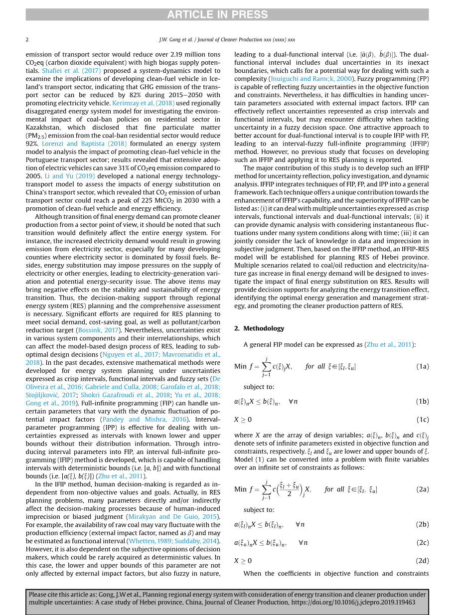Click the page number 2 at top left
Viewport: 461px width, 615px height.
coord(27,40)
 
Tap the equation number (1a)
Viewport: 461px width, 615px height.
coord(422,366)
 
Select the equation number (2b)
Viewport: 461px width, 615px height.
coord(422,524)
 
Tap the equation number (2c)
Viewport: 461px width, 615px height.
coord(422,543)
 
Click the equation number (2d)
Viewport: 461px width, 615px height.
coord(422,561)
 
